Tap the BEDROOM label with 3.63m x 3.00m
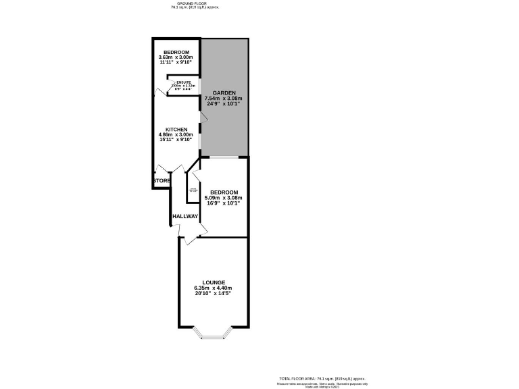coord(176,52)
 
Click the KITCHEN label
coord(176,129)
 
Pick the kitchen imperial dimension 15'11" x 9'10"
coord(176,140)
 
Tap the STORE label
coord(162,181)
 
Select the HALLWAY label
coord(184,217)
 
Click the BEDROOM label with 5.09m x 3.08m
coord(223,192)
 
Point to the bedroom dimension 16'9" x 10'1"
coord(223,203)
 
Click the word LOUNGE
coord(214,282)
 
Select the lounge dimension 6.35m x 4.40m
coord(214,288)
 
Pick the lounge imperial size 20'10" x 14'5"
coord(214,294)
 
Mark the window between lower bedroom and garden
coord(224,157)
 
